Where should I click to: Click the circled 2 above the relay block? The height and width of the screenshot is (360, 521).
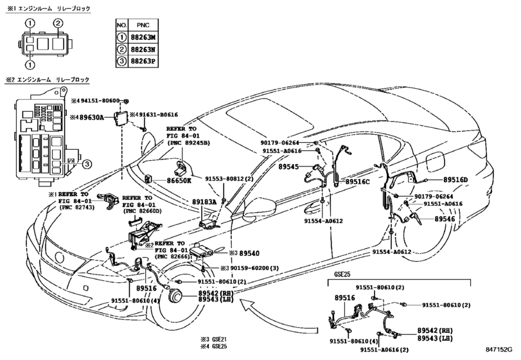click(x=58, y=24)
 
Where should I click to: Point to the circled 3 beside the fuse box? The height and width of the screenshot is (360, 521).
click(x=86, y=165)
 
